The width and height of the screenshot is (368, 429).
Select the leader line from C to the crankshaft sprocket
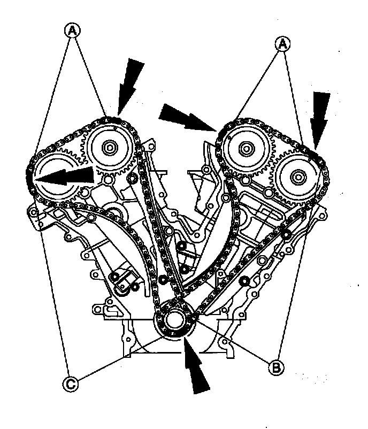(118, 359)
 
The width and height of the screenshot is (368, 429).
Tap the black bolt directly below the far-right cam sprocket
(287, 234)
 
